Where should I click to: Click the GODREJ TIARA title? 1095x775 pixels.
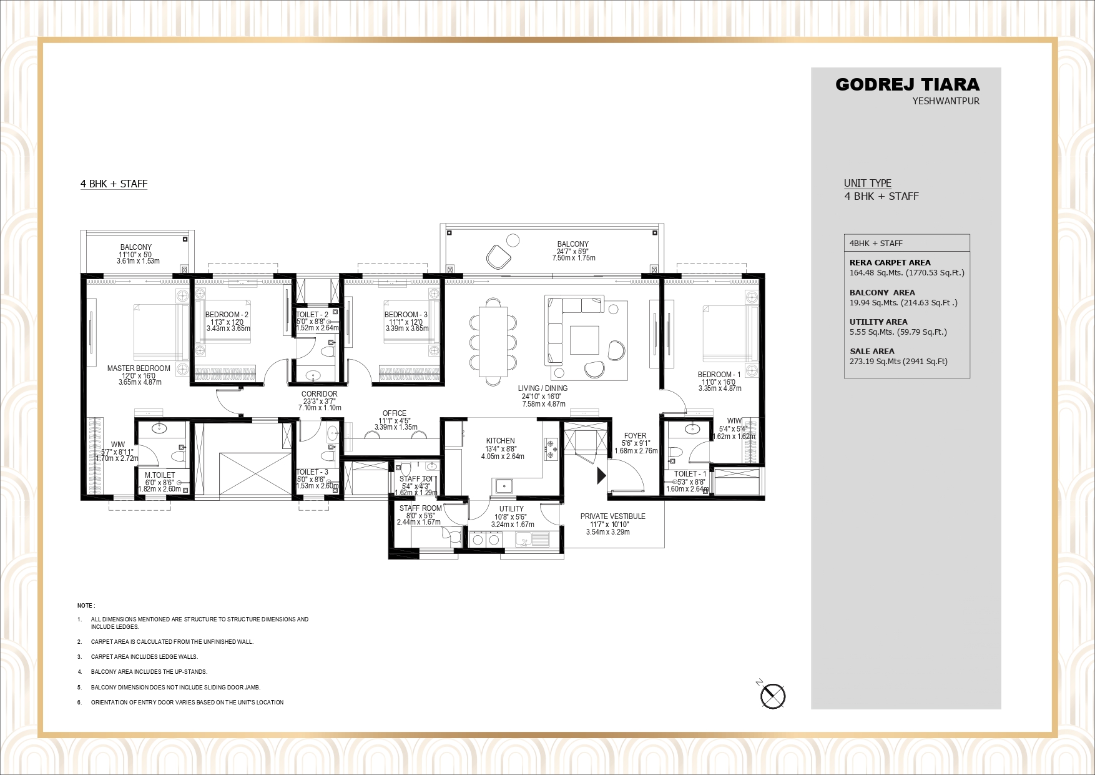[907, 85]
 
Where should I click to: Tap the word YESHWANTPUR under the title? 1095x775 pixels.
[946, 101]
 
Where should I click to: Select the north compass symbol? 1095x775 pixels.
[773, 696]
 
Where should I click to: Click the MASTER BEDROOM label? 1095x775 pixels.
[139, 368]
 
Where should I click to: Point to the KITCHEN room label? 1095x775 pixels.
[501, 441]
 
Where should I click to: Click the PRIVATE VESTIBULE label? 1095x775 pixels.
[612, 516]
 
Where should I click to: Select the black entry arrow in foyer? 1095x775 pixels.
[601, 476]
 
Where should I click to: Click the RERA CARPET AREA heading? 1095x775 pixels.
[890, 263]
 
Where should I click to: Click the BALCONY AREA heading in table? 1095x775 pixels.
[882, 293]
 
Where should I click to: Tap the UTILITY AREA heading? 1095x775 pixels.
[878, 322]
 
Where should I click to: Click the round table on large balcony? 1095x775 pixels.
[513, 240]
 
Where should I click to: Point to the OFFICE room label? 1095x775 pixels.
[395, 413]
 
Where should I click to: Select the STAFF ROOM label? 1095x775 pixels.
[420, 508]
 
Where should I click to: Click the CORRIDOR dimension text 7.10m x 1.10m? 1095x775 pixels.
[319, 408]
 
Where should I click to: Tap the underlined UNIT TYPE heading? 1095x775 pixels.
[867, 183]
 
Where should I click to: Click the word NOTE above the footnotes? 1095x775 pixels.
[86, 606]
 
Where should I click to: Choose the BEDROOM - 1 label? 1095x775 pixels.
[719, 375]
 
